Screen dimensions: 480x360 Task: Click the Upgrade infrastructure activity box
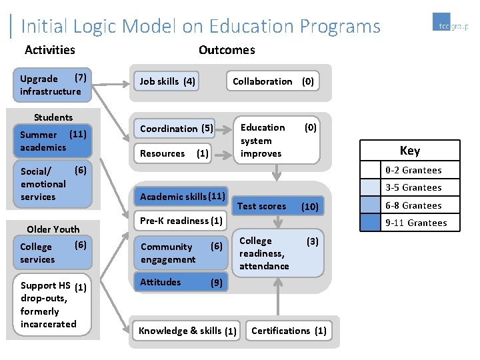click(53, 85)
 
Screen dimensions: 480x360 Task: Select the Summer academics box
click(53, 140)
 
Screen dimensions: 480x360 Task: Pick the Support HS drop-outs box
click(53, 305)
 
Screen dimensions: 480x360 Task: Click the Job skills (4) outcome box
click(167, 81)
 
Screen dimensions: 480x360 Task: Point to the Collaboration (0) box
click(273, 81)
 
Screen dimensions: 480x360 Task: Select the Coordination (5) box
click(177, 128)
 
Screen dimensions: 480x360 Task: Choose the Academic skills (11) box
click(181, 196)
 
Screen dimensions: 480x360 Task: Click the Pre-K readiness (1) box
click(181, 221)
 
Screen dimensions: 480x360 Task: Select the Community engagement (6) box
click(181, 253)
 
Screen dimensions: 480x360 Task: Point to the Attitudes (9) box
click(181, 282)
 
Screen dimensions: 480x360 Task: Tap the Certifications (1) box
click(289, 331)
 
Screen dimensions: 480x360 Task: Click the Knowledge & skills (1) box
click(187, 331)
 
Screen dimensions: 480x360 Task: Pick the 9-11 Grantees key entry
click(410, 223)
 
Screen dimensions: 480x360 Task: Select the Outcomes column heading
click(227, 50)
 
